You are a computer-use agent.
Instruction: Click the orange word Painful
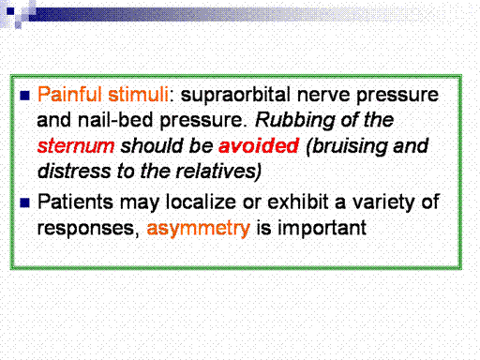coord(69,95)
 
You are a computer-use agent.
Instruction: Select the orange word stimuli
coord(139,95)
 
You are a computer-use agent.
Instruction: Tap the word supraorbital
coord(235,96)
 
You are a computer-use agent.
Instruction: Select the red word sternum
coord(76,146)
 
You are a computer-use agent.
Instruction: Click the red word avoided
coord(259,145)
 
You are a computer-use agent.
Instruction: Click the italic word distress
coord(74,172)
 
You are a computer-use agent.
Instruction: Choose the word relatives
coord(218,172)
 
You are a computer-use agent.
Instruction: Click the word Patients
coord(75,202)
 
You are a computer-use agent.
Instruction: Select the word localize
coord(201,202)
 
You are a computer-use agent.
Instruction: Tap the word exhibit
coord(297,202)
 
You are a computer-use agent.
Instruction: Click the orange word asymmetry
coord(199,229)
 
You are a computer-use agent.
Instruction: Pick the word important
coord(322,229)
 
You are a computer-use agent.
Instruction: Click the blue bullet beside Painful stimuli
coord(24,96)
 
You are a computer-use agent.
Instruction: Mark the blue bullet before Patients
coord(24,202)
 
